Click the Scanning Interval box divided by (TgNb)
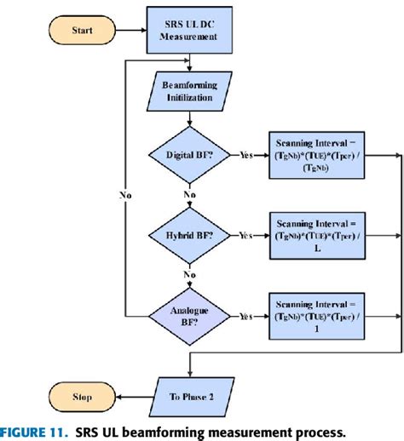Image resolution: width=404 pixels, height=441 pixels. [x=318, y=157]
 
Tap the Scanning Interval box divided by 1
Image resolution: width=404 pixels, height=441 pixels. [x=318, y=315]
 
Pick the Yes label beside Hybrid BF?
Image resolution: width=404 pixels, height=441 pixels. [x=247, y=234]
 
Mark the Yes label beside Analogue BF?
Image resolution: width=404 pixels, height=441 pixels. [x=247, y=316]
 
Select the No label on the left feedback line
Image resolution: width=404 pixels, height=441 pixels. [x=125, y=194]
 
